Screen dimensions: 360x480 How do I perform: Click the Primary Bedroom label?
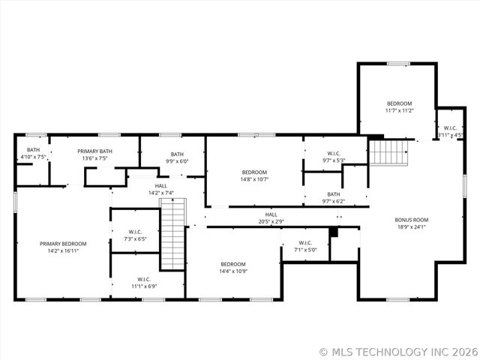[63, 244]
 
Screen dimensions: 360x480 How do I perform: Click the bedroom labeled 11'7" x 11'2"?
[399, 106]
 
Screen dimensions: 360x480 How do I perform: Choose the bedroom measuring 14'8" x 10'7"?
[254, 175]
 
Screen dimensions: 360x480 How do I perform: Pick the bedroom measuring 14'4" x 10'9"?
[233, 267]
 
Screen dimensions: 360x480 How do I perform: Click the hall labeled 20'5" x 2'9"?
[271, 217]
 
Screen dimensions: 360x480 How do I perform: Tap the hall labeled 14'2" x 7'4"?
[161, 189]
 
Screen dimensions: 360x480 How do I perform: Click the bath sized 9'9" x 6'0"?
[176, 157]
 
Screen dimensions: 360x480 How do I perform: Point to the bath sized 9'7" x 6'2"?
[333, 197]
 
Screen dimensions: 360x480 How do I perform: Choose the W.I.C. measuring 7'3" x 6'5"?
[135, 235]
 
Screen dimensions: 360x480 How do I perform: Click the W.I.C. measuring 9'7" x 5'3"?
[334, 156]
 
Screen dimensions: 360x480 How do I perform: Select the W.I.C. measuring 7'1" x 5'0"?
[305, 246]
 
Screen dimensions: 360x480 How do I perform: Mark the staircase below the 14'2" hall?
[172, 238]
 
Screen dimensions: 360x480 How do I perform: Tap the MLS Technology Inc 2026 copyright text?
[397, 351]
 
